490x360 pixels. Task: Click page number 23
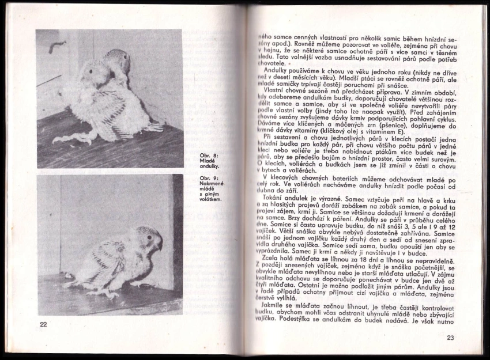[450, 338]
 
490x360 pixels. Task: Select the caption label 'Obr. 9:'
[207, 179]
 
